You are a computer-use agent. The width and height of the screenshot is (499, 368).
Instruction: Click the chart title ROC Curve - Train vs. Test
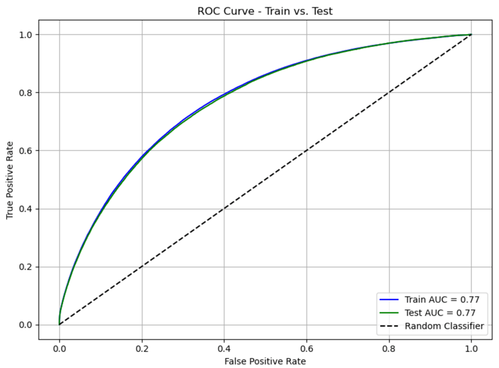(265, 11)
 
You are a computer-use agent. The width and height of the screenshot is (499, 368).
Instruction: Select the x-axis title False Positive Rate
(265, 360)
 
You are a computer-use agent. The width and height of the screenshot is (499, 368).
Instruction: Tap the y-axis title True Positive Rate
(10, 180)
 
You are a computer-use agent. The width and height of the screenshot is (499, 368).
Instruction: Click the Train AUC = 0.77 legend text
(442, 299)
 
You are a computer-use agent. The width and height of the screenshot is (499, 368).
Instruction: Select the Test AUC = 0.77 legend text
(440, 313)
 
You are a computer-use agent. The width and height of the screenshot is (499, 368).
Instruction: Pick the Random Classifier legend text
(444, 326)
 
